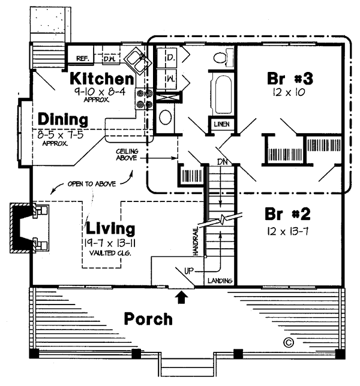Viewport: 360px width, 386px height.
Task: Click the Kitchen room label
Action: tap(101, 79)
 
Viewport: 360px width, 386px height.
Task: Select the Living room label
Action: tap(110, 228)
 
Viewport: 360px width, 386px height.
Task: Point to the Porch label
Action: tap(148, 319)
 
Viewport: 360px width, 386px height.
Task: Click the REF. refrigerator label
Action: tap(83, 58)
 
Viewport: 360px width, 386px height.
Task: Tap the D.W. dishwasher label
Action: tap(109, 58)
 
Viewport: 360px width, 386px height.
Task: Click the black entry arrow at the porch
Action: tap(182, 295)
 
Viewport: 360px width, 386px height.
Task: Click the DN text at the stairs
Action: tap(223, 162)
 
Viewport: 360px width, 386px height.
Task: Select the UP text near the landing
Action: tap(188, 271)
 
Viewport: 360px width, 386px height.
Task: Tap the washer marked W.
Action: tap(170, 78)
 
